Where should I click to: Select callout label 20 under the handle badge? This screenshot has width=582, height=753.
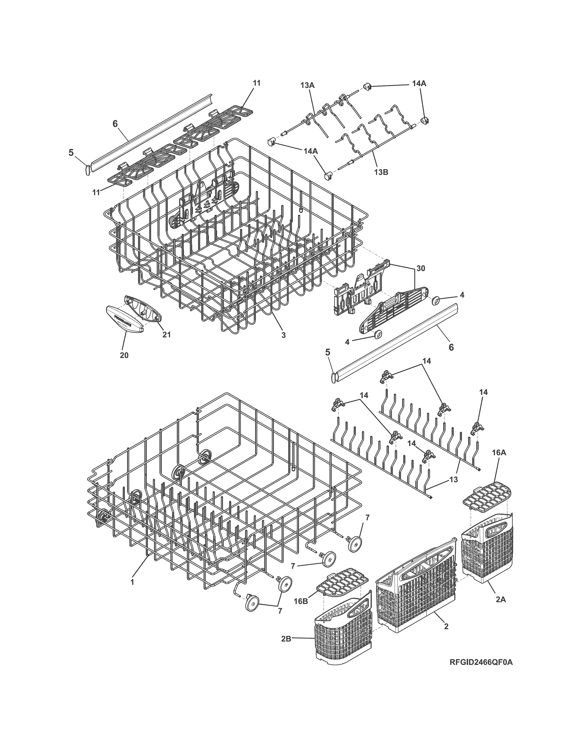(x=124, y=355)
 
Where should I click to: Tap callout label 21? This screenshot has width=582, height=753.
(x=167, y=335)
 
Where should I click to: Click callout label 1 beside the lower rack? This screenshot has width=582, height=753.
(x=132, y=582)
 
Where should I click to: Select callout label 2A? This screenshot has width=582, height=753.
(x=501, y=600)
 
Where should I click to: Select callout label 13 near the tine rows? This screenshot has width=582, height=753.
(x=454, y=480)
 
